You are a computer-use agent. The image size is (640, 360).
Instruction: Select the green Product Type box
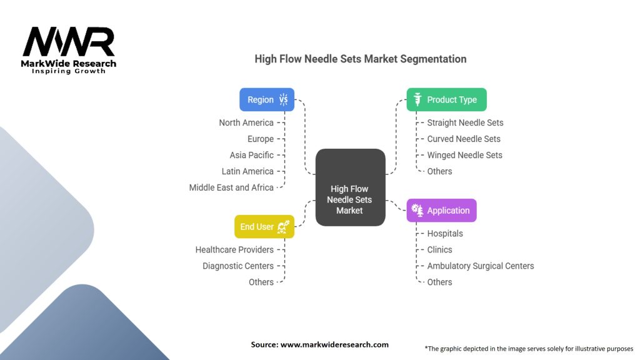click(446, 99)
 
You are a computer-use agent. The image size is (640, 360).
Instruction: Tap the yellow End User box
click(264, 226)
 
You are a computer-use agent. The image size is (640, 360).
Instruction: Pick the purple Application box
click(441, 211)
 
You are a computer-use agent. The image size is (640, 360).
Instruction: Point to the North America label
click(246, 122)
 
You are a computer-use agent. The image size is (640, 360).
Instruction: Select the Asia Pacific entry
click(251, 155)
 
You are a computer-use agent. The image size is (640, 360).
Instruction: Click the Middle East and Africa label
click(231, 187)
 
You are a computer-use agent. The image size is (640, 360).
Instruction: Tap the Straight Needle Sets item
click(465, 122)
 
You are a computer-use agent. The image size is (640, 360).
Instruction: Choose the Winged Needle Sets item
click(464, 155)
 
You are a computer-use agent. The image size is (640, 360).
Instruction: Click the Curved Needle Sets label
click(464, 139)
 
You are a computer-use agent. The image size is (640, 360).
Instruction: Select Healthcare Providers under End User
click(234, 249)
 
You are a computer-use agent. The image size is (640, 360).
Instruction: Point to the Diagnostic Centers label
click(238, 266)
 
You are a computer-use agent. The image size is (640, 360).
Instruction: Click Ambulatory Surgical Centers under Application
click(481, 266)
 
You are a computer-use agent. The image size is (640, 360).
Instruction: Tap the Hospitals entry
click(445, 233)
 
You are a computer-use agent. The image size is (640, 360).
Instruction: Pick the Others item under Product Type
click(439, 171)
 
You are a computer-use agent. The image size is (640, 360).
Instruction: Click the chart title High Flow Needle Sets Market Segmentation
click(361, 59)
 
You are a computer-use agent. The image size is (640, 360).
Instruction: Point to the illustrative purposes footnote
click(529, 348)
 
